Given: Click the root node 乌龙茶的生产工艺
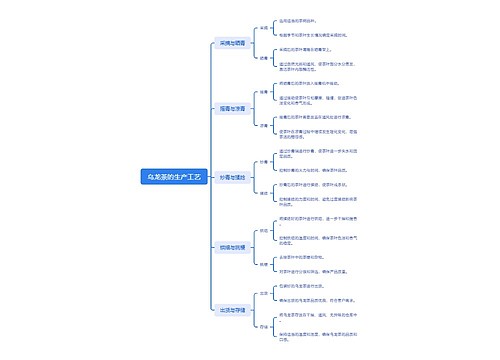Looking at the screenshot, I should (x=175, y=176).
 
